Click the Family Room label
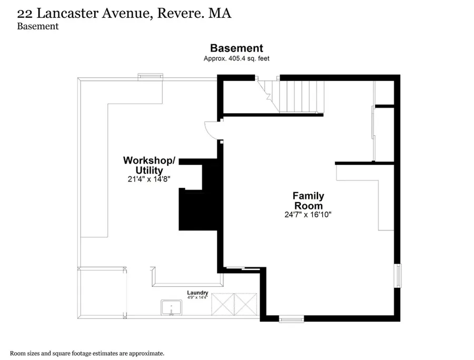coord(308,201)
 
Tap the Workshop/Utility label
coord(149,165)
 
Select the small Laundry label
coord(197,292)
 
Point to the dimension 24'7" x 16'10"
coord(308,214)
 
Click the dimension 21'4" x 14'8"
coord(149,179)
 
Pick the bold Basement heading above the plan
coord(236,48)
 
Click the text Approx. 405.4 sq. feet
coord(236,58)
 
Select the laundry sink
coord(171,307)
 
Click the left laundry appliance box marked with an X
coord(223,304)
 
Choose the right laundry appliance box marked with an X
coord(246,304)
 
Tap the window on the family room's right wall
coord(399,276)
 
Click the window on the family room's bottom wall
coord(291,318)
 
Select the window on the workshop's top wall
coord(150,77)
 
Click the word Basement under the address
coord(38,26)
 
